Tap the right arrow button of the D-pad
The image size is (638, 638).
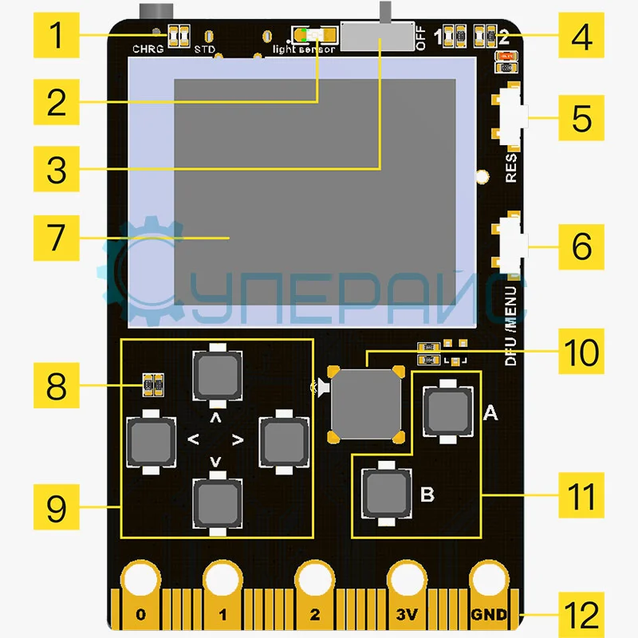coord(283,437)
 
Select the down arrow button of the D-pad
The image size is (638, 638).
coord(216,503)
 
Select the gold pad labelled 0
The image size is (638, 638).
coord(141,594)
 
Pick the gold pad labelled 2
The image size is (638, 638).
coord(315,594)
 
